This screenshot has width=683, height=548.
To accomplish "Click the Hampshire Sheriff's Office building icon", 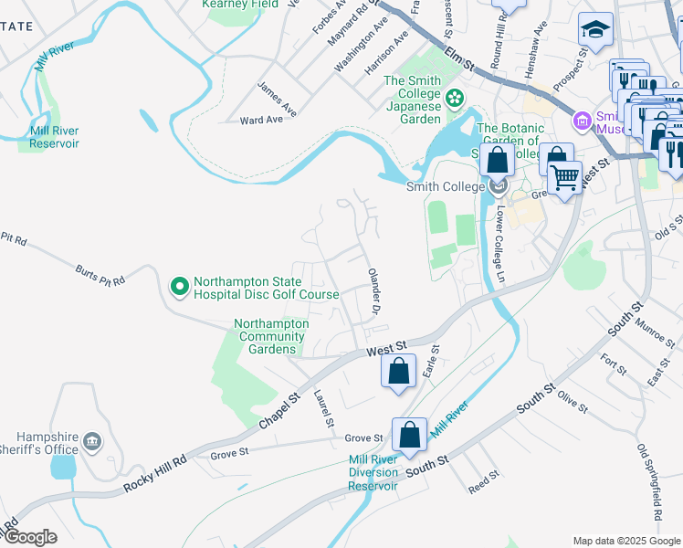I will click(x=90, y=442).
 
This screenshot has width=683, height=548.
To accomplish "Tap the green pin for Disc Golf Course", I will click(x=179, y=288).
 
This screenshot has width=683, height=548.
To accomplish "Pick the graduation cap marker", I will click(x=595, y=29).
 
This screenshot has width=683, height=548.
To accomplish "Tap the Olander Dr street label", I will click(x=373, y=292).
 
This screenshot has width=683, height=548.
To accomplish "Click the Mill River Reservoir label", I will click(x=54, y=137).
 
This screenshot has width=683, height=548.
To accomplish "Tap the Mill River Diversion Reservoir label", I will click(x=373, y=472).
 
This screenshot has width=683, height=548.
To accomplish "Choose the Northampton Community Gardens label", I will click(x=271, y=336).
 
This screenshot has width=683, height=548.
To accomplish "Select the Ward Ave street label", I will click(x=261, y=120).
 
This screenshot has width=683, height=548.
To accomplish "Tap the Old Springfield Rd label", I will click(x=649, y=476).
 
